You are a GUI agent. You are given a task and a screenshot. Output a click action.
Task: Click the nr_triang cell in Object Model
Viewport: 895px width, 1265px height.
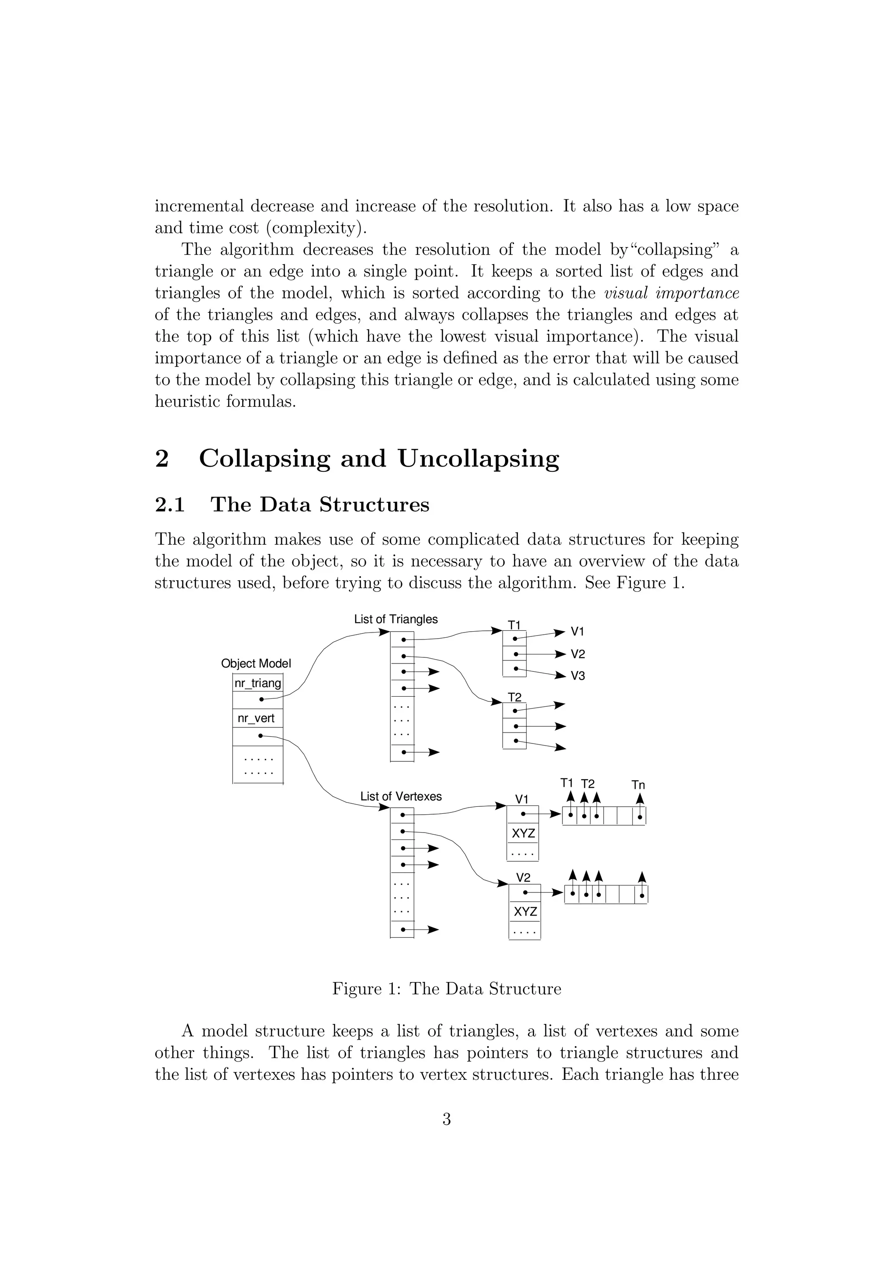click(258, 683)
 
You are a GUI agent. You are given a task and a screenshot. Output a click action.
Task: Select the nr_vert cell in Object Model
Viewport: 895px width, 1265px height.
click(256, 719)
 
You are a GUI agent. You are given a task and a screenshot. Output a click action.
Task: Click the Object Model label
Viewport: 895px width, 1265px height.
click(256, 664)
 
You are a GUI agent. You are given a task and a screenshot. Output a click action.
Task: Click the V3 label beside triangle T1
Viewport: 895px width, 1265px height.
click(578, 676)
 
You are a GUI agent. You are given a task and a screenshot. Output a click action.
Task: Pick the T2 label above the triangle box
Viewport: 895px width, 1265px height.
click(514, 698)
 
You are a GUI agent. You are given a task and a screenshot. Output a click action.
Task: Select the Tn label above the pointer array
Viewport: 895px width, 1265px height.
click(638, 785)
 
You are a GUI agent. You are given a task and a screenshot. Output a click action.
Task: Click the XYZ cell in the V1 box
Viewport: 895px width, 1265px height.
click(523, 833)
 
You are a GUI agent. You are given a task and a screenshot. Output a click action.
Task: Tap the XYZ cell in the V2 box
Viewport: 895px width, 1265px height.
click(525, 912)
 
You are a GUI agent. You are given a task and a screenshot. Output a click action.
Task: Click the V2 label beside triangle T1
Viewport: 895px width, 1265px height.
click(578, 654)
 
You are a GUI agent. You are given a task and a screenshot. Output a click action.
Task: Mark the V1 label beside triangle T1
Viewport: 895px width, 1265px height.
click(578, 631)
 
